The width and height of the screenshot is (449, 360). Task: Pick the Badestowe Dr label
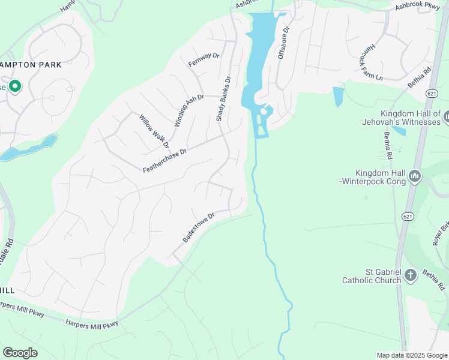[x=199, y=227]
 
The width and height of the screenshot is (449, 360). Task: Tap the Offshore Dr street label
[x=282, y=42]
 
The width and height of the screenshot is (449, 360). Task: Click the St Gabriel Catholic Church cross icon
[x=411, y=275]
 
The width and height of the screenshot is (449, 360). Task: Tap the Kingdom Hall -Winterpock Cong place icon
[x=415, y=176]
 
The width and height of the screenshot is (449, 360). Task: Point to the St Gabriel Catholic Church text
[x=370, y=275]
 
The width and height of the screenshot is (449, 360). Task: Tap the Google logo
[x=20, y=352]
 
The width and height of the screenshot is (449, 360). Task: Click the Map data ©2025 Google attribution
[x=411, y=355]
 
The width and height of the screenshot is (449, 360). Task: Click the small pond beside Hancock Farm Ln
[x=339, y=95]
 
